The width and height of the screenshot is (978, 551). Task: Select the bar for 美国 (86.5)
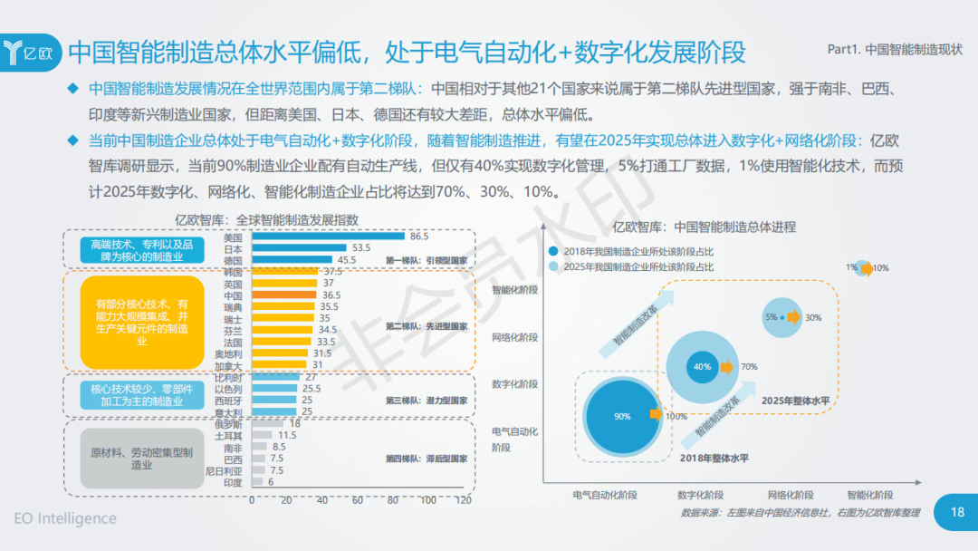pyautogui.click(x=328, y=237)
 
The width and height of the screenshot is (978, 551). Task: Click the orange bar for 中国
pyautogui.click(x=283, y=295)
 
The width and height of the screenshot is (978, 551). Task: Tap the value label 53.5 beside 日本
pyautogui.click(x=362, y=248)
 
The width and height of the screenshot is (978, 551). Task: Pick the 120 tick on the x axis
pyautogui.click(x=464, y=500)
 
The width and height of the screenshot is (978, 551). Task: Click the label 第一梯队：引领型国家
pyautogui.click(x=427, y=260)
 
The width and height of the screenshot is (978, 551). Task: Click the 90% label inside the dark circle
pyautogui.click(x=622, y=417)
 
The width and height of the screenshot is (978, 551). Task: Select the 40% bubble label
pyautogui.click(x=703, y=367)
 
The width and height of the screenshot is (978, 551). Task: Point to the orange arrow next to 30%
pyautogui.click(x=793, y=317)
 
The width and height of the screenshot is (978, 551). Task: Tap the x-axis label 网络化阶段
pyautogui.click(x=793, y=496)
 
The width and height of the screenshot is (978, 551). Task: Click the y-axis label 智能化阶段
pyautogui.click(x=514, y=290)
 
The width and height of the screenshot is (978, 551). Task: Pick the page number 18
pyautogui.click(x=957, y=513)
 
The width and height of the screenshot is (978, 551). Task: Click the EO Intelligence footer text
pyautogui.click(x=65, y=519)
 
